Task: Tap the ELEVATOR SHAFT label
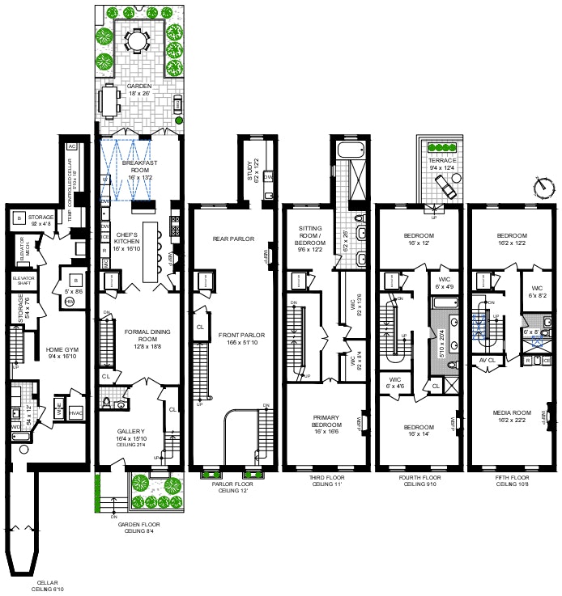(23, 281)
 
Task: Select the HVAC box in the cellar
(77, 410)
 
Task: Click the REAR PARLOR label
(233, 239)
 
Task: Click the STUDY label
(249, 171)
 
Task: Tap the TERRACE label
(441, 160)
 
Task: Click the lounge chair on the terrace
(445, 188)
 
